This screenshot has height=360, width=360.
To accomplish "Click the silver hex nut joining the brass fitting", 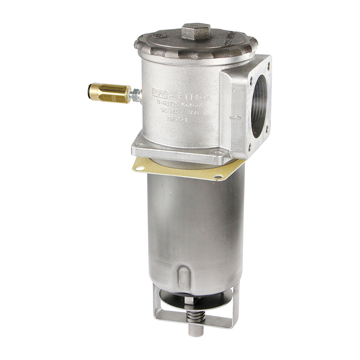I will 135,95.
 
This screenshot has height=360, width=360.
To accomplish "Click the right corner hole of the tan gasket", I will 220,177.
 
